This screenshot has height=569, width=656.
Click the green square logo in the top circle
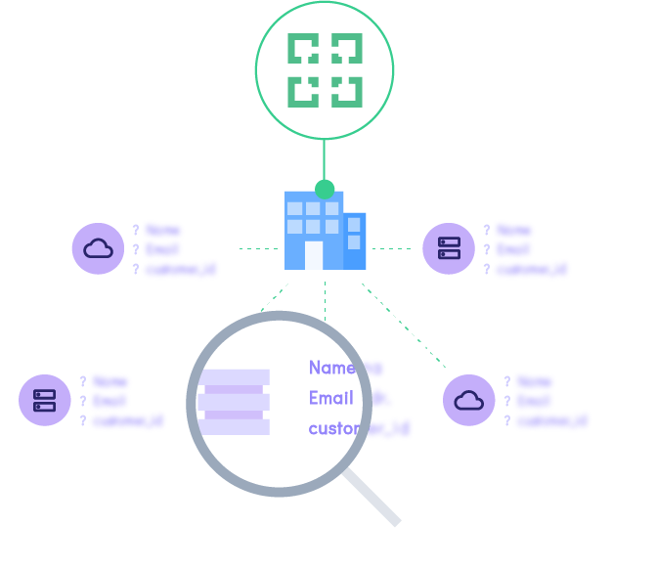(x=325, y=69)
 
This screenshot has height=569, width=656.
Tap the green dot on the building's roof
(x=325, y=190)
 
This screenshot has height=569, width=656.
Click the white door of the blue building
(x=314, y=254)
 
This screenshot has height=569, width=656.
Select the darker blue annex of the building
(x=355, y=241)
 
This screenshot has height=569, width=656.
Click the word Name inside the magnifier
(x=331, y=368)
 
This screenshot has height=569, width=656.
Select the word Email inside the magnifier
(x=331, y=398)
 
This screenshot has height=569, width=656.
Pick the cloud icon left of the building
(x=98, y=248)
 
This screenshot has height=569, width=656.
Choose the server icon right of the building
(x=449, y=248)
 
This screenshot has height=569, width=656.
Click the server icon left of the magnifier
(x=45, y=400)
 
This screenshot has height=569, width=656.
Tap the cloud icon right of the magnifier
(x=469, y=400)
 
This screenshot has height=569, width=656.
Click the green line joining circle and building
(x=325, y=158)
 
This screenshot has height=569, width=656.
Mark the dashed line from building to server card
(x=392, y=248)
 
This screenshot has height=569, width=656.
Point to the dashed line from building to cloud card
(x=257, y=248)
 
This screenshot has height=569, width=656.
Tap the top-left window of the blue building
(x=294, y=208)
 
